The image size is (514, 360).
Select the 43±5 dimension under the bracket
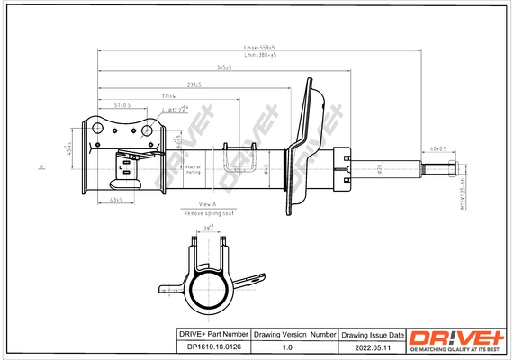click(x=115, y=198)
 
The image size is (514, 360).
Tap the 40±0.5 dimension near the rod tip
click(x=437, y=149)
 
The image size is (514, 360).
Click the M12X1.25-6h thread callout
click(x=460, y=191)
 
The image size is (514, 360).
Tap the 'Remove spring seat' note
click(x=207, y=215)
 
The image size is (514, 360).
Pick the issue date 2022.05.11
click(x=373, y=345)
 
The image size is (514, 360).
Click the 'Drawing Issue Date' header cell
click(x=373, y=333)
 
